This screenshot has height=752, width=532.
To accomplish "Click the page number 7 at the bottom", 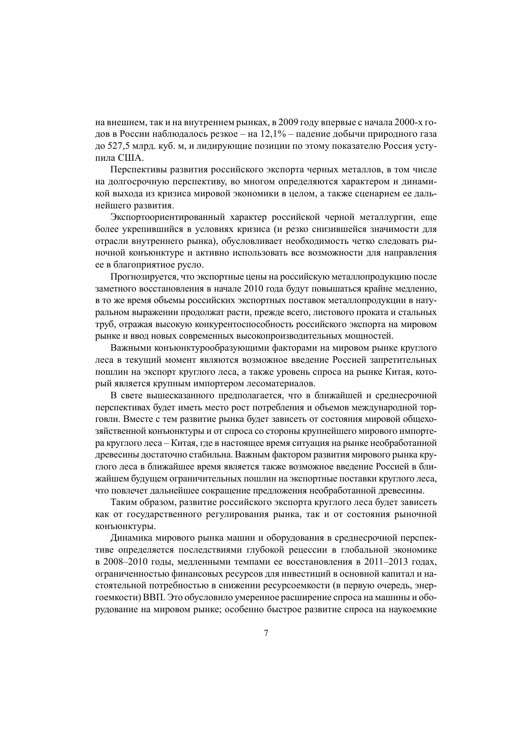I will click(266, 633).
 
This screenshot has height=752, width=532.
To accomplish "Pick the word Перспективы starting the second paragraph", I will click(137, 170).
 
